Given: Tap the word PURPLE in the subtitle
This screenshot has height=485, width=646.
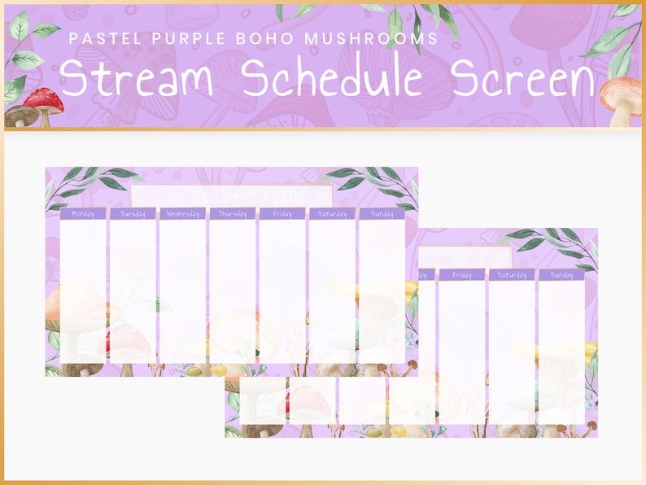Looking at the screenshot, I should point(178,38).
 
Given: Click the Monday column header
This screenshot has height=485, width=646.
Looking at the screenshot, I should point(83,214).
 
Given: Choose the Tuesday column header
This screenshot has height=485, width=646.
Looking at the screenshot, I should point(133,214).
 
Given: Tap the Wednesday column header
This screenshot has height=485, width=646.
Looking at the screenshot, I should point(182,214).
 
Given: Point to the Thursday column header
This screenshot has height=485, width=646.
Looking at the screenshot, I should point(233,214).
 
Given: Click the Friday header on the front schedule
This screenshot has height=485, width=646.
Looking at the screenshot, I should point(282,214).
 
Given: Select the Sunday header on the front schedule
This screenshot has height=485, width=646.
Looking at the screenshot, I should point(382,214).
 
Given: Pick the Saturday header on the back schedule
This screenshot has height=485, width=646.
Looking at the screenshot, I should point(512,275).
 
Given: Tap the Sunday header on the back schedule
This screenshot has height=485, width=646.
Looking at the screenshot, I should point(561,275).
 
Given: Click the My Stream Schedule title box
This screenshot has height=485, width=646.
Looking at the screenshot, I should point(231,195).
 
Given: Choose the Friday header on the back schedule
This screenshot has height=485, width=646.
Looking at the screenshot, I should point(461,275).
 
